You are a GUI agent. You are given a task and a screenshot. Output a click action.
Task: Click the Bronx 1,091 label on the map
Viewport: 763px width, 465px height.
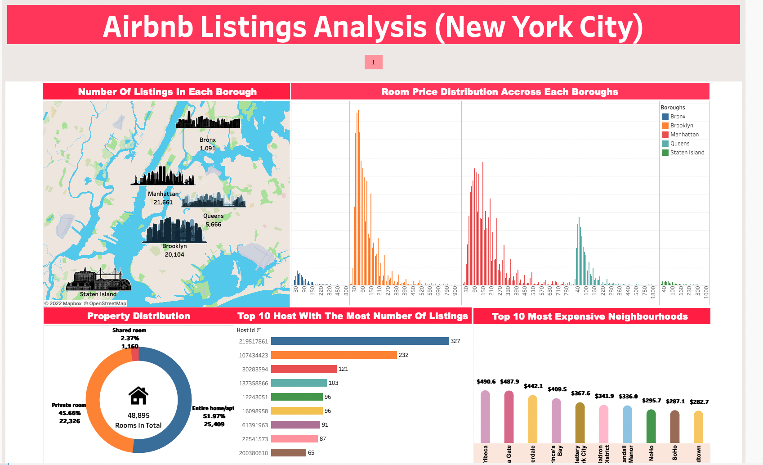tap(208, 144)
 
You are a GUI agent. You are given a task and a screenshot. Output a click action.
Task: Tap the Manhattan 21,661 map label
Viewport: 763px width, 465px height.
tap(163, 198)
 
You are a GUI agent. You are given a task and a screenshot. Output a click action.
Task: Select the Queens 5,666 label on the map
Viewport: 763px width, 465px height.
tap(213, 220)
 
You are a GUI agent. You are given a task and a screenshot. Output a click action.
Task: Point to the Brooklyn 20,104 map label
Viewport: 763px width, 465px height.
tap(174, 250)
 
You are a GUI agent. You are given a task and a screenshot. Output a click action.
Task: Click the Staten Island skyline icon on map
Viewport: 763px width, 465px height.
tap(98, 280)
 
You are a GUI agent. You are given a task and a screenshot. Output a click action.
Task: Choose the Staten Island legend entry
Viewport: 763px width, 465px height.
tap(687, 153)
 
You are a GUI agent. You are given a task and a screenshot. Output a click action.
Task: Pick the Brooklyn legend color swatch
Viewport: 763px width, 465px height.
tap(665, 126)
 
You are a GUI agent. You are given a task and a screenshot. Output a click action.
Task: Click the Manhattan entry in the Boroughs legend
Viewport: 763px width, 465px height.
tap(684, 135)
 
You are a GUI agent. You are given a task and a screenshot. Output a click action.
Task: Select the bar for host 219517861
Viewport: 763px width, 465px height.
tap(360, 341)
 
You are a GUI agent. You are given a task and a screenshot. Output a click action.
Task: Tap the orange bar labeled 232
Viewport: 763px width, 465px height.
tap(334, 355)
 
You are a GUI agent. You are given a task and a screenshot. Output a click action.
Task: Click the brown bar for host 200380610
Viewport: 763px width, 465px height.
tap(289, 453)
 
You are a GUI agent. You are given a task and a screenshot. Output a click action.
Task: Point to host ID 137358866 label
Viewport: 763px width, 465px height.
tap(254, 384)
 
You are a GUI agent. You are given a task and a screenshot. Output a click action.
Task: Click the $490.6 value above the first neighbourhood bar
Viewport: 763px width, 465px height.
tap(486, 382)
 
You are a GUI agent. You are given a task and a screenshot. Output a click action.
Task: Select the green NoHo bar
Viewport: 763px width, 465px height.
tap(651, 426)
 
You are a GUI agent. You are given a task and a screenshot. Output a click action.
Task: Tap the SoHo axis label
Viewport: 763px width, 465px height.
tap(675, 453)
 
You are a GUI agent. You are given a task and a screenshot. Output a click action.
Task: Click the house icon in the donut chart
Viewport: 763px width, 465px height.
tap(138, 396)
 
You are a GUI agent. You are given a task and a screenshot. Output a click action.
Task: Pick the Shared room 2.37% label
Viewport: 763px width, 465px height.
tap(129, 338)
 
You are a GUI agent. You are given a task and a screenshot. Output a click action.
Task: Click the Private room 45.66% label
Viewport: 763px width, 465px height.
tap(69, 413)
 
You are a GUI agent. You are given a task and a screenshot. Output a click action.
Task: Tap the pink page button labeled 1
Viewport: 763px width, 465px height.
tap(373, 62)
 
